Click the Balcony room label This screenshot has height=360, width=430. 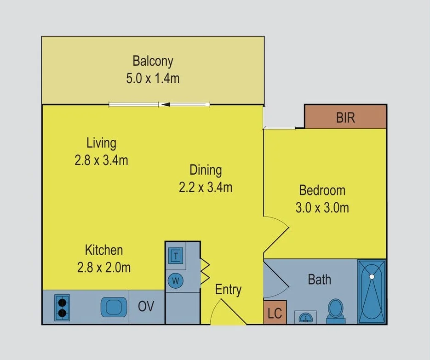(x=153, y=61)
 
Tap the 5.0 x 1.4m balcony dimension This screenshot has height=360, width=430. (x=153, y=78)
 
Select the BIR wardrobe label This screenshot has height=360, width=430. (x=345, y=118)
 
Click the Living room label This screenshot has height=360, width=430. (x=101, y=143)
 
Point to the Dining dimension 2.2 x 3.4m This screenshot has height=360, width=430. (x=206, y=187)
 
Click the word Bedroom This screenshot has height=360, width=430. (x=322, y=190)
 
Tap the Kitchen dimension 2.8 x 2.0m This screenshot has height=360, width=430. (x=104, y=267)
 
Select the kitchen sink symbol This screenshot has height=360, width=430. (x=114, y=307)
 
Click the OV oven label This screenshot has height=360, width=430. (x=146, y=307)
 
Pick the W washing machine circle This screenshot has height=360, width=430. (x=176, y=280)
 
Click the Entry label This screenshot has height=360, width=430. (x=228, y=290)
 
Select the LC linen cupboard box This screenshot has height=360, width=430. (x=275, y=313)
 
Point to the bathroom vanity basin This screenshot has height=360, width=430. (x=304, y=316)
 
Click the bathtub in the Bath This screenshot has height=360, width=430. (x=371, y=292)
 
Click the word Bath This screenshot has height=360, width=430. (x=319, y=280)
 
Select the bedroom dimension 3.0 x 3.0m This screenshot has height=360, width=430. (x=322, y=207)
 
